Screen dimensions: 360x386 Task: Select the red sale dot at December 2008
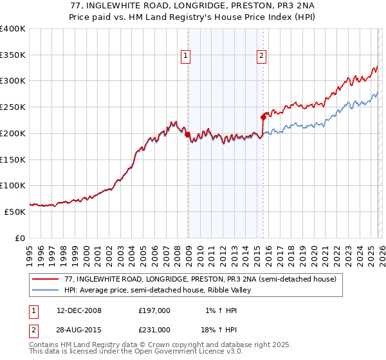point(187,135)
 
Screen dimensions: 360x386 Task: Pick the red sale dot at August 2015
point(263,117)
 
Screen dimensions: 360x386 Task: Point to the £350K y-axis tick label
point(12,55)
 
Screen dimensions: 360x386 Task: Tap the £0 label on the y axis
point(21,238)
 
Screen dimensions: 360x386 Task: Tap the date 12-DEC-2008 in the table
point(79,310)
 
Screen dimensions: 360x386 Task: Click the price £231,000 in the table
point(154,329)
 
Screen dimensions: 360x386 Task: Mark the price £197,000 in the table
point(154,310)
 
